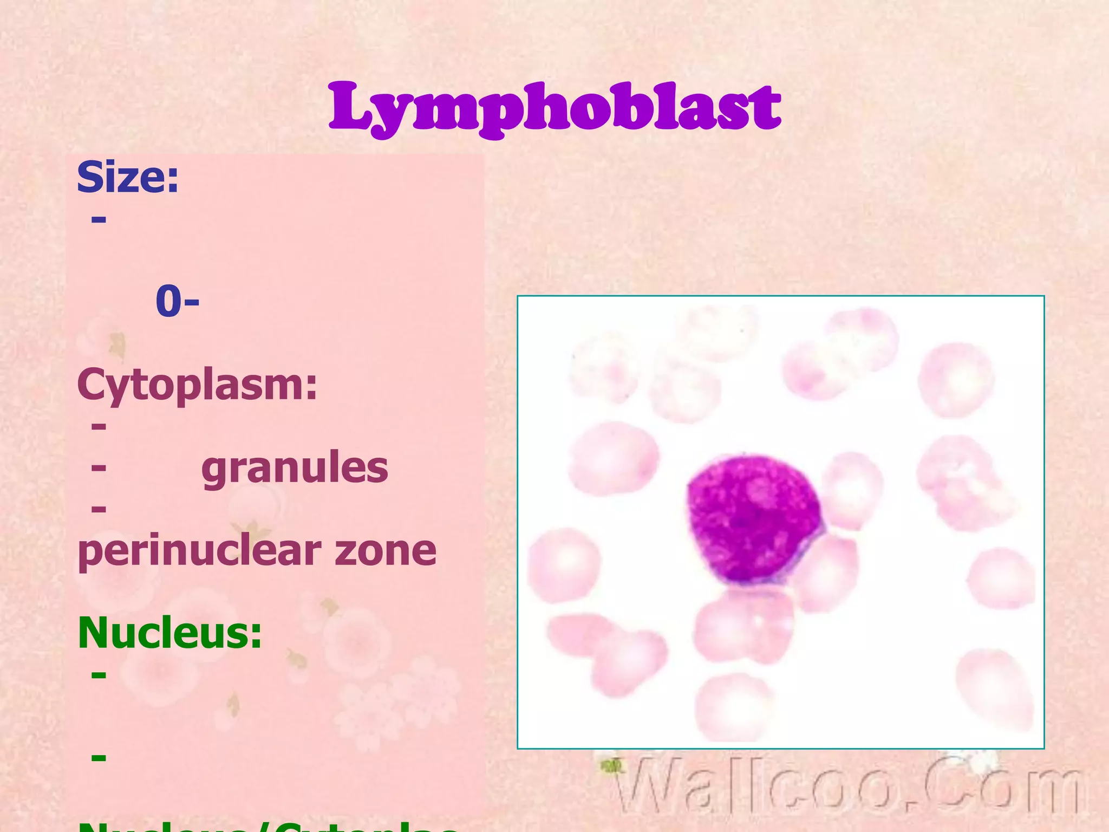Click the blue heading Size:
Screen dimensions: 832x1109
coord(128,177)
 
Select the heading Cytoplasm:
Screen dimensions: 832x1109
coord(197,385)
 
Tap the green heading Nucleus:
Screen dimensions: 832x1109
coord(170,632)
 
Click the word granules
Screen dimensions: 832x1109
coord(295,467)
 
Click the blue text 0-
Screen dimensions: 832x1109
coord(177,301)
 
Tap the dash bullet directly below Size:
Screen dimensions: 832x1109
coord(99,219)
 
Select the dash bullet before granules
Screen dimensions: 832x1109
coord(99,466)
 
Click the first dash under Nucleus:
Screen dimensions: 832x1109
coord(99,674)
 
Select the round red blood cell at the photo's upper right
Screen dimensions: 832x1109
coord(956,379)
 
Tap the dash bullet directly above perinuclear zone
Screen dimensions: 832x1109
coord(99,508)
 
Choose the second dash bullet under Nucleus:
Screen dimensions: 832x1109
coord(99,757)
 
